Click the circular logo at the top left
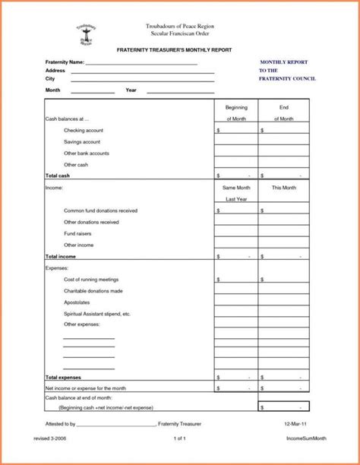click(86, 34)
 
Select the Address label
click(55, 70)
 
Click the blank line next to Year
click(180, 91)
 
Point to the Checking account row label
click(84, 131)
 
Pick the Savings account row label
click(82, 142)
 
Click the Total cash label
click(58, 176)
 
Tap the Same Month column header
click(235, 187)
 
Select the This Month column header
click(284, 187)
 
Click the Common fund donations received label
click(100, 210)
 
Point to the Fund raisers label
click(78, 234)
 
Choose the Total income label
click(62, 257)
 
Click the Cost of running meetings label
click(91, 280)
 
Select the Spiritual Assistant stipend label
click(97, 314)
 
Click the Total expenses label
click(64, 377)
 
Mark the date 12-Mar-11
click(294, 423)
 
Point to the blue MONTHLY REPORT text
click(285, 61)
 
